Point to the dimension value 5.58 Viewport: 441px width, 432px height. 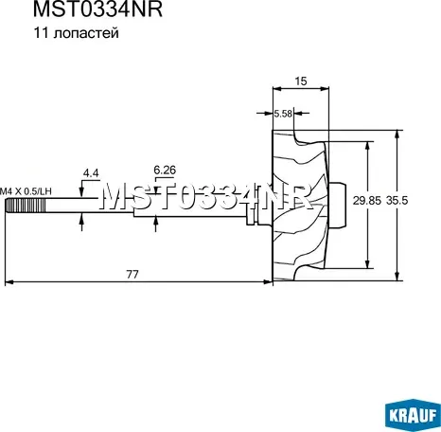(x=282, y=114)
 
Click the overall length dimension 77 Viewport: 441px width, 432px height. (x=132, y=274)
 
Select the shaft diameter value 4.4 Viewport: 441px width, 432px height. (x=91, y=173)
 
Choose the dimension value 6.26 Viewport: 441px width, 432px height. (x=165, y=169)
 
